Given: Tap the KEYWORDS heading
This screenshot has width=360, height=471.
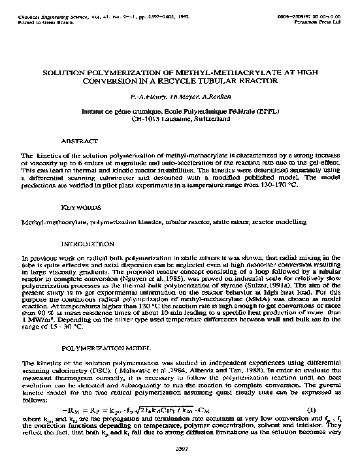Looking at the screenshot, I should pos(79,208).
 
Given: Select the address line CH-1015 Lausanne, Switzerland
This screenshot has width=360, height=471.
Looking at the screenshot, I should pos(179,120).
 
